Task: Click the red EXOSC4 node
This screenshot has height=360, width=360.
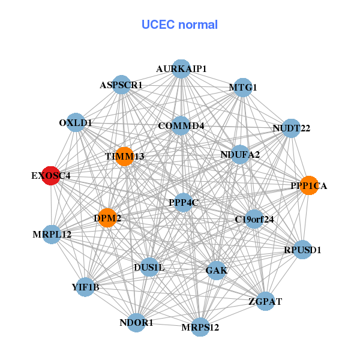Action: (51, 176)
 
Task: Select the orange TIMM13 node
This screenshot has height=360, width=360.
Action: (124, 157)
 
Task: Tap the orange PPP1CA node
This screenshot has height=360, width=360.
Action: (308, 185)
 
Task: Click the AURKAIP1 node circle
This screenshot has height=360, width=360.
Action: (181, 68)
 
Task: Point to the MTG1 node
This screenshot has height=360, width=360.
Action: (242, 88)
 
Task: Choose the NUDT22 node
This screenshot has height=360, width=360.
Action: (291, 128)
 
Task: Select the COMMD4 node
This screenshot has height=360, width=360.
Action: (181, 126)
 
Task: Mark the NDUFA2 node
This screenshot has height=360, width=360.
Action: (240, 155)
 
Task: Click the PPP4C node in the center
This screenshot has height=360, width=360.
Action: (183, 202)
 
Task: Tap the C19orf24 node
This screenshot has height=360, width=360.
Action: (254, 219)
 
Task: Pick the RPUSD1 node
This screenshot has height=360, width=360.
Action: (302, 250)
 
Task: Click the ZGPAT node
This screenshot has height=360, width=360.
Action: (265, 301)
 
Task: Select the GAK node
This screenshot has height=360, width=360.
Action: (216, 271)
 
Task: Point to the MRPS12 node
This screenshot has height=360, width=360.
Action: (200, 327)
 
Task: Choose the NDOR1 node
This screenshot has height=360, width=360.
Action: (137, 323)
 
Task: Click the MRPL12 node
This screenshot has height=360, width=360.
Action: (52, 234)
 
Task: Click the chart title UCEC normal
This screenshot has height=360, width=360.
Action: (179, 25)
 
